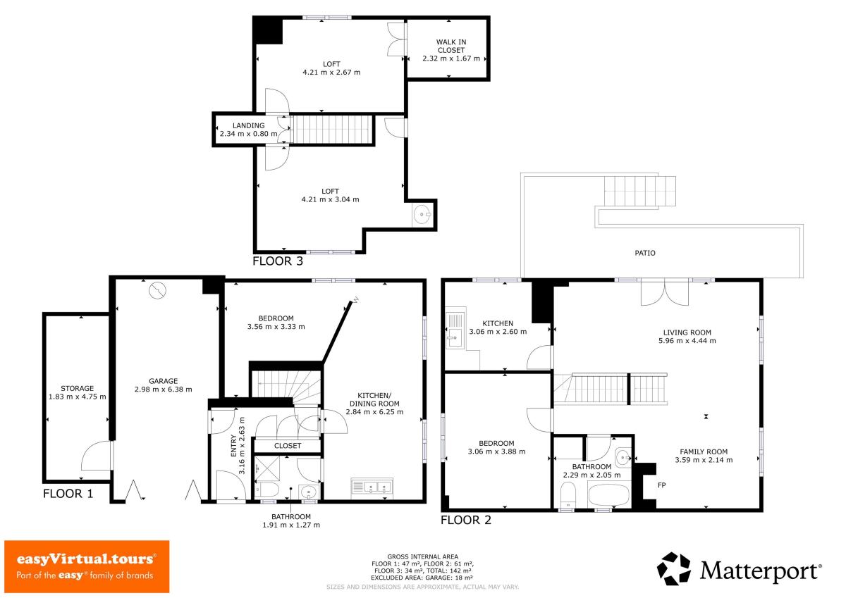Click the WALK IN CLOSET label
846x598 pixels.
coord(451,46)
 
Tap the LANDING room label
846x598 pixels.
coord(248,125)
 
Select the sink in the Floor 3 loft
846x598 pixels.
coord(422,215)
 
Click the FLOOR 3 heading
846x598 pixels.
coord(278,261)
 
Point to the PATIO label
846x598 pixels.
coord(644,253)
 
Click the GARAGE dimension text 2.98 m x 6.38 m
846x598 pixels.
coord(163,390)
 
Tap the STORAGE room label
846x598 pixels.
coord(77,388)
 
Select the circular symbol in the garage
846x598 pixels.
coord(157,290)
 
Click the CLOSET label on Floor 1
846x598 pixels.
coord(288,446)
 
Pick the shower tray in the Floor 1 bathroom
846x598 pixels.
coord(267,469)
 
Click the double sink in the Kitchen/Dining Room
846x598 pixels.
coord(372,488)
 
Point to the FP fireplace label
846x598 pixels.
coord(661,485)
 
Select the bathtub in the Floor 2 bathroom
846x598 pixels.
coord(609,495)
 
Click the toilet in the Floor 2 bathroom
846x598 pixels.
coord(568,495)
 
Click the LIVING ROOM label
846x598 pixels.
coord(687,332)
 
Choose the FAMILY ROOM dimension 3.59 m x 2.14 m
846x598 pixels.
coord(704,460)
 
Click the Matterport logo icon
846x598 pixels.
coord(674,569)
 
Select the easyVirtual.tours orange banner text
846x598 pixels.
coord(86,559)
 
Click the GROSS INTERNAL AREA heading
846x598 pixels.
coord(422,556)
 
